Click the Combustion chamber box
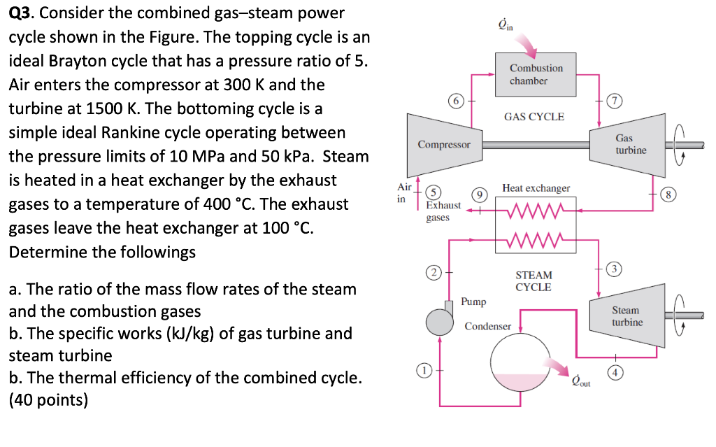pos(536,74)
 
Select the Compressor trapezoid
pos(444,145)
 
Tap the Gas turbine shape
pos(627,145)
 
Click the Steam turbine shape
pos(627,315)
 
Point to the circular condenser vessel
pos(520,362)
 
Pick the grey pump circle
pos(439,322)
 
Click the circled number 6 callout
pos(456,101)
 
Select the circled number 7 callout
pos(615,101)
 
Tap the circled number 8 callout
pos(668,194)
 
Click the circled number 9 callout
pos(480,195)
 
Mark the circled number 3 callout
pos(614,269)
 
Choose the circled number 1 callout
pos(424,370)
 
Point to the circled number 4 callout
pos(615,372)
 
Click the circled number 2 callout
pos(434,273)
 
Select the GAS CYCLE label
pos(534,117)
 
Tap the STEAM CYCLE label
pos(534,281)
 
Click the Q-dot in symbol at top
pos(506,24)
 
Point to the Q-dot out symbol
pos(581,381)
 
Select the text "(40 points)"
pos(48,400)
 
